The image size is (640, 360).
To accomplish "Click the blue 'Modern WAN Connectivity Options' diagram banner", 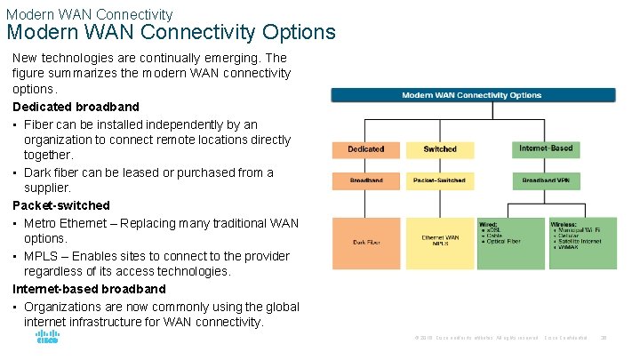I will (x=472, y=95).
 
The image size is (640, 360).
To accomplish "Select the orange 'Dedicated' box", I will (x=365, y=149).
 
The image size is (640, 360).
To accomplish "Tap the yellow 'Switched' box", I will (x=440, y=149).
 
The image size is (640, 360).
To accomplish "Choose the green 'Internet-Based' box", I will (x=546, y=148).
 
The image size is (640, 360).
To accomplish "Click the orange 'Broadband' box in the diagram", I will (x=365, y=180).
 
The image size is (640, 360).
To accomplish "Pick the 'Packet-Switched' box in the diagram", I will (x=440, y=180).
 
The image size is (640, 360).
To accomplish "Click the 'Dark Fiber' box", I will (x=365, y=242).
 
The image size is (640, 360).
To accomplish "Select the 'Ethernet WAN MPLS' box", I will (x=440, y=241).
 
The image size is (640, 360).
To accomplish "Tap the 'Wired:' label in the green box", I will (x=489, y=225).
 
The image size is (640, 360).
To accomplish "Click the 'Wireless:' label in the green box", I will (x=564, y=225).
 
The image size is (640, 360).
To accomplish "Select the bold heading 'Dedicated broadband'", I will (x=76, y=107).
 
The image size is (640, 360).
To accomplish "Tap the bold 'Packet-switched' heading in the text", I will (x=61, y=205).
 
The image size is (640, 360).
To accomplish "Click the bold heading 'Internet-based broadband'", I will (x=89, y=289).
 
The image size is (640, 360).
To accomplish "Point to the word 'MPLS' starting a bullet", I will (x=40, y=256).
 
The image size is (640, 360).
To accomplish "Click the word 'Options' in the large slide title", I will (x=299, y=33).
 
